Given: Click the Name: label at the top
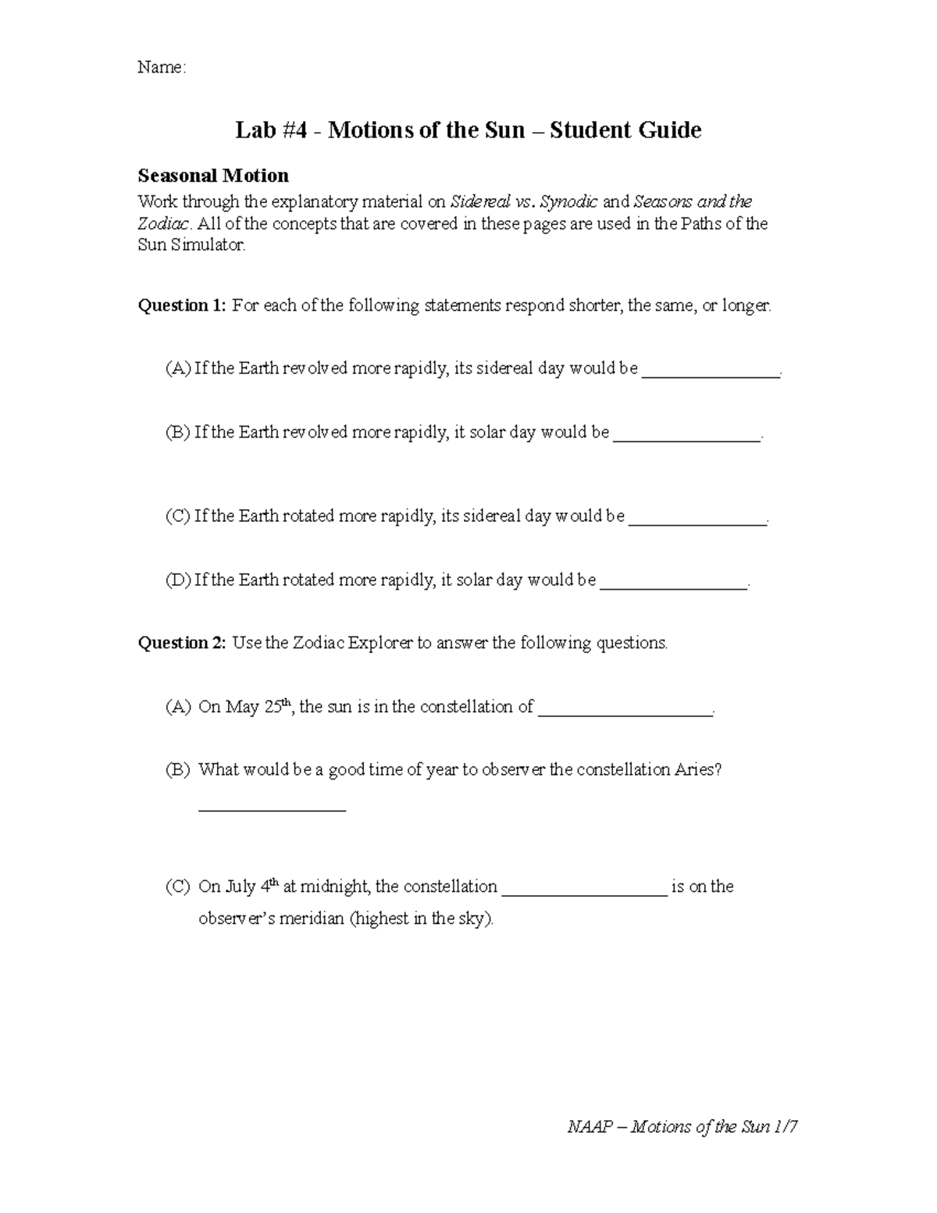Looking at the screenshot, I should pos(162,68).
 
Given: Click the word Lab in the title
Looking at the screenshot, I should pos(254,130).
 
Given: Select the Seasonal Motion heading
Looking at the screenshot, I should pos(213,175).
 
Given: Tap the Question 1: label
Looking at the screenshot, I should pos(182,305).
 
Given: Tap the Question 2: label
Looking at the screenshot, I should pos(182,643).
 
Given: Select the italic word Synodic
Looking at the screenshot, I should pos(569,202).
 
